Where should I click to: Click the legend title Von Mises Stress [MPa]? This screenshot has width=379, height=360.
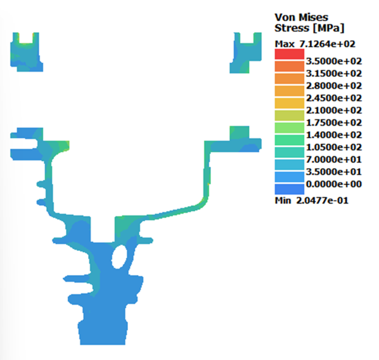click(x=309, y=23)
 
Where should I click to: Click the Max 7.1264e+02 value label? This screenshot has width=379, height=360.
click(x=315, y=44)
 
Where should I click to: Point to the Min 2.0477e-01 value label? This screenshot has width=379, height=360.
click(x=312, y=200)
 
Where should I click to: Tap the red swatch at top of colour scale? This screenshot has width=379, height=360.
click(x=290, y=54)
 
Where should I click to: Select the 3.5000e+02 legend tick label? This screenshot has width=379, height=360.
click(x=334, y=61)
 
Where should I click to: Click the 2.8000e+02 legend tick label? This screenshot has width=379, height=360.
click(x=334, y=86)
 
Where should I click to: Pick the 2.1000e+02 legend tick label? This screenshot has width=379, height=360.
click(x=334, y=110)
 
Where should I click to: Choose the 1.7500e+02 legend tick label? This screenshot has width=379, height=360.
click(x=334, y=122)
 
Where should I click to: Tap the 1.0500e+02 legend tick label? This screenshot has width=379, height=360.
click(x=334, y=147)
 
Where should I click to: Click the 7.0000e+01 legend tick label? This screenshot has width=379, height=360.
click(x=334, y=160)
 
